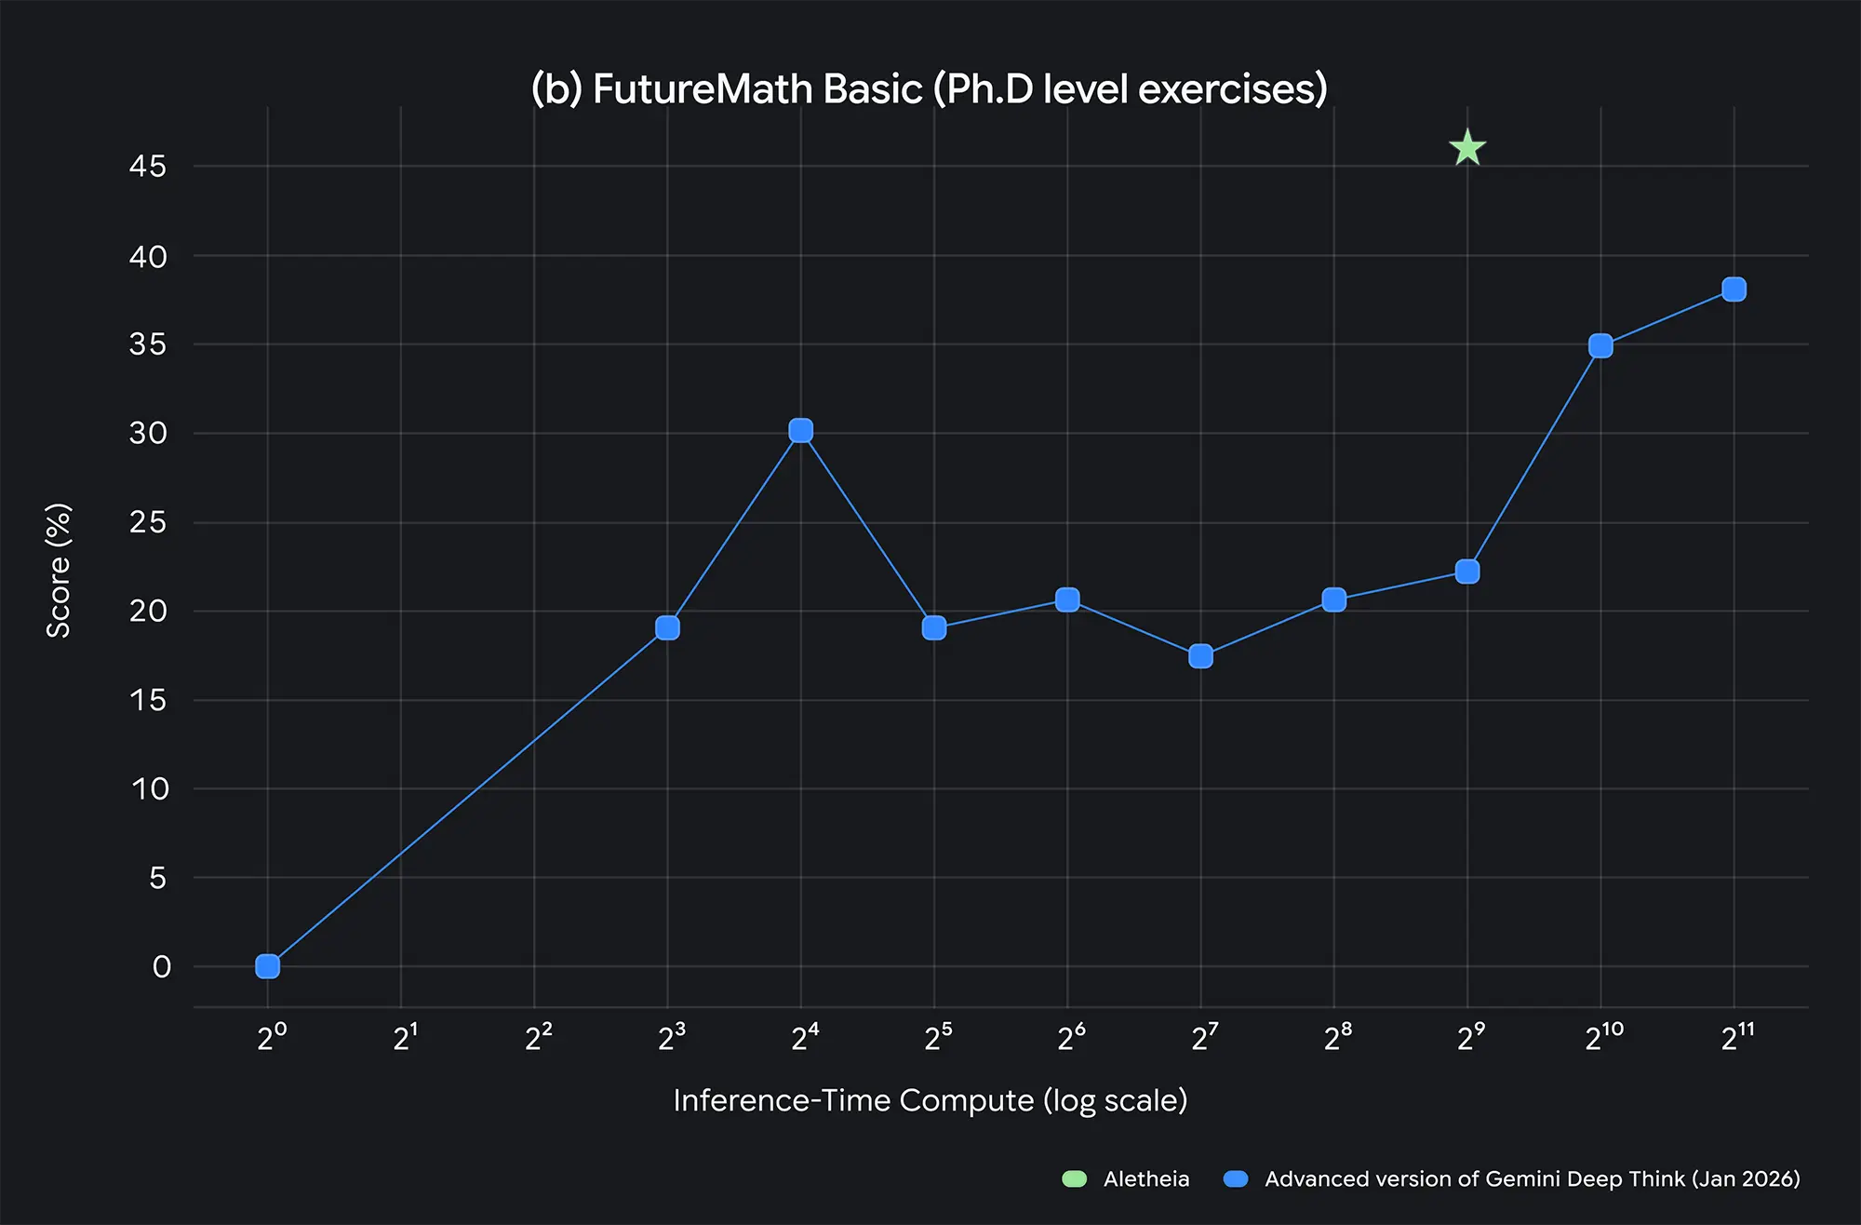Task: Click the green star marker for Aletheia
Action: pyautogui.click(x=1467, y=148)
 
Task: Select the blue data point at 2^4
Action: pyautogui.click(x=800, y=430)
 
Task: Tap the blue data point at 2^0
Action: pyautogui.click(x=267, y=966)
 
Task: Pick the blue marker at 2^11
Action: pyautogui.click(x=1734, y=289)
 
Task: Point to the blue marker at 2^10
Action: pyautogui.click(x=1600, y=346)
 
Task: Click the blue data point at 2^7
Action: pyautogui.click(x=1200, y=656)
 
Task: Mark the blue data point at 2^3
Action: pyautogui.click(x=667, y=628)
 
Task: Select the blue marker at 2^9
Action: pyautogui.click(x=1467, y=571)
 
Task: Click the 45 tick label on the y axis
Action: pyautogui.click(x=148, y=167)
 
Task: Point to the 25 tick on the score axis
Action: pyautogui.click(x=148, y=522)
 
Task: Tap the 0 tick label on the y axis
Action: pyautogui.click(x=161, y=967)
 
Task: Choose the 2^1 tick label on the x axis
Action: pyautogui.click(x=405, y=1037)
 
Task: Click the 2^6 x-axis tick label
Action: pyautogui.click(x=1071, y=1037)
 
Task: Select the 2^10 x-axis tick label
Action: pyautogui.click(x=1604, y=1037)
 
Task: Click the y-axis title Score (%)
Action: pyautogui.click(x=59, y=570)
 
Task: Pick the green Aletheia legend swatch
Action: pyautogui.click(x=1075, y=1179)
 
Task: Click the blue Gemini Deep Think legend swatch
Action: pyautogui.click(x=1236, y=1179)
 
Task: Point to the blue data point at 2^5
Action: pyautogui.click(x=934, y=628)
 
